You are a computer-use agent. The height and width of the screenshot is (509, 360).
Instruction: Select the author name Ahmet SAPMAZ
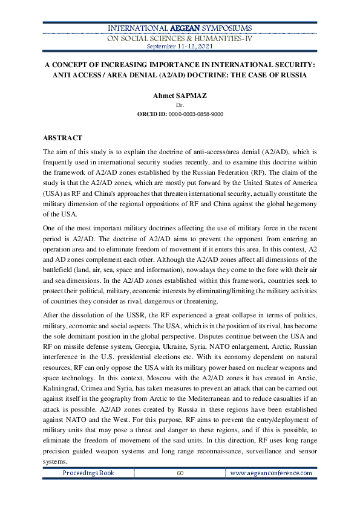click(x=179, y=96)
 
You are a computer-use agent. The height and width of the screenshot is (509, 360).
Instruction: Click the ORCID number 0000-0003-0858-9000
click(x=197, y=114)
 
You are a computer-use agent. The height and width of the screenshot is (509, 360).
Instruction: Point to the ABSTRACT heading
click(x=62, y=138)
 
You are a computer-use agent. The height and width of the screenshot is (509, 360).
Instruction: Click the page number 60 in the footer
click(x=180, y=473)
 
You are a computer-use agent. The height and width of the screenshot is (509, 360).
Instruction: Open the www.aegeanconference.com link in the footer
click(x=271, y=473)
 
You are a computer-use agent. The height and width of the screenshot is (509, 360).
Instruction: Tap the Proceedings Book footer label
click(x=88, y=473)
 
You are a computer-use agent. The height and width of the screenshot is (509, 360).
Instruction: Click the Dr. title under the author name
click(x=179, y=105)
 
